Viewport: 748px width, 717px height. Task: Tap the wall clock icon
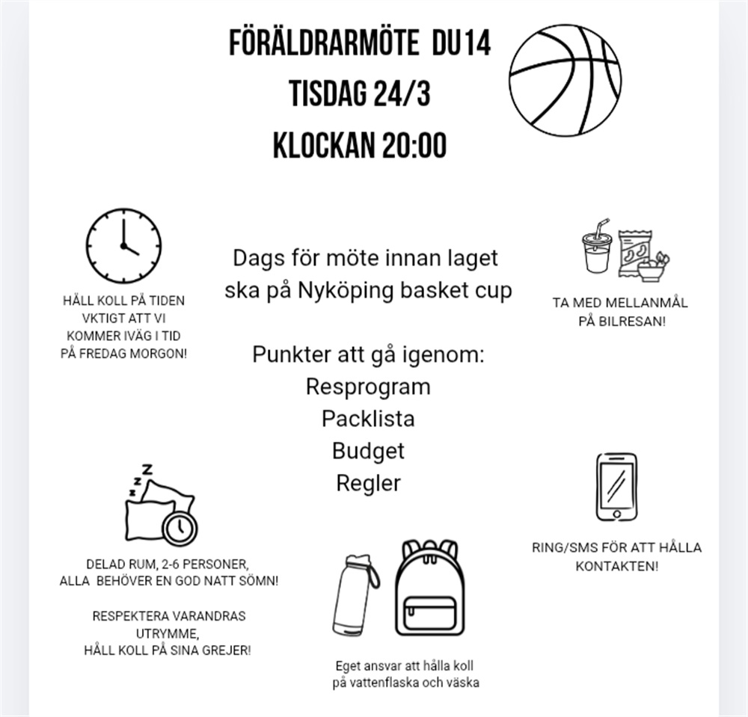coord(123,245)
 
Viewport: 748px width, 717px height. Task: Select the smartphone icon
coord(616,487)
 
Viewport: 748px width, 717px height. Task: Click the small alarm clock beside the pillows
coord(179,527)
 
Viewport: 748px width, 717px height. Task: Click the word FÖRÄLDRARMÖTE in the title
coord(323,43)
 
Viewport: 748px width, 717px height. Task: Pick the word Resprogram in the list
coord(368,387)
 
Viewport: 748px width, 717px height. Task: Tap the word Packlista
coord(368,419)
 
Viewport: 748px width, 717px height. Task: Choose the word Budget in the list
coord(368,451)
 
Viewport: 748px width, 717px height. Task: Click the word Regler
coord(368,483)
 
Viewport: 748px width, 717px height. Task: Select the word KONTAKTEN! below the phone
coord(617,566)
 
